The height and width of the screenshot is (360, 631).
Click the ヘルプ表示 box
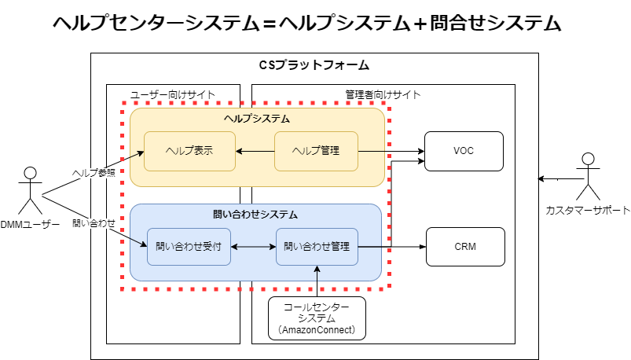coord(189,151)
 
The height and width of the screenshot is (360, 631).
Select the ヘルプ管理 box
coord(316,151)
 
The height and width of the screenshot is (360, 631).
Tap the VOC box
coord(464,151)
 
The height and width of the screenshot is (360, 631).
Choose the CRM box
coord(464,246)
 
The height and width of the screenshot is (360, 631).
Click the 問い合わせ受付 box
coord(189,246)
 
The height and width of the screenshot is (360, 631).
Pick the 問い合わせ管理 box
coord(317,246)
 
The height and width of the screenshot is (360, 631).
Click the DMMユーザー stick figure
coord(30,190)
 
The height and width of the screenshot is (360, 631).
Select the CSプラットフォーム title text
coord(314,64)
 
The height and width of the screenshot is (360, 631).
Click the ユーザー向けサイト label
coord(173,94)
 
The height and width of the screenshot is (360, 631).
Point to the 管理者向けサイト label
coord(383,94)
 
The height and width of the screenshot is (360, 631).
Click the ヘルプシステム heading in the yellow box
coord(257,119)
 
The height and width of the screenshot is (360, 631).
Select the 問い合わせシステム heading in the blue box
coord(255,214)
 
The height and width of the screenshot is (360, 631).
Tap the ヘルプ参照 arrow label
coord(94,172)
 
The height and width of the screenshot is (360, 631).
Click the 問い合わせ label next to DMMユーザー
coord(94,223)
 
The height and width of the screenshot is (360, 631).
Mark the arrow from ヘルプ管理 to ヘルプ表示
coord(255,151)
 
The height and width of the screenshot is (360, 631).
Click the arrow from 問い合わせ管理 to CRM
coord(392,246)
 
